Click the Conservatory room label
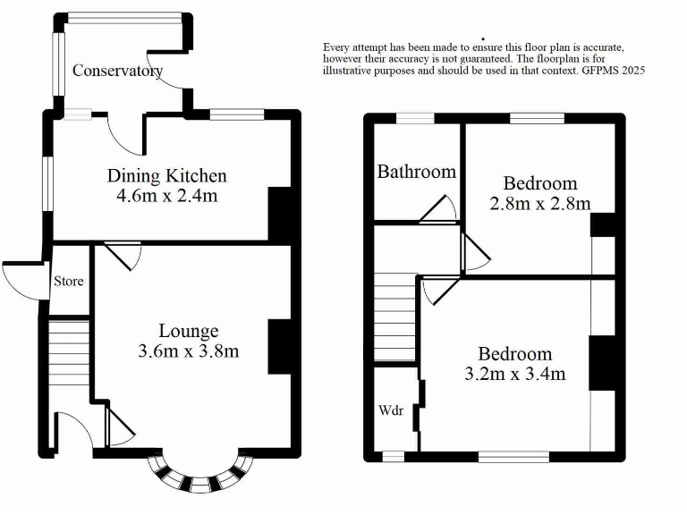[117, 71]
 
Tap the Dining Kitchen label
[167, 176]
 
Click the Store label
[69, 282]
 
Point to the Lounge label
[189, 332]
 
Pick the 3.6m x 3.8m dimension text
[189, 351]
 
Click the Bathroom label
[417, 172]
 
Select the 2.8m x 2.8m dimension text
[539, 203]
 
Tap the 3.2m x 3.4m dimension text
[515, 374]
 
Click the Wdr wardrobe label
[393, 411]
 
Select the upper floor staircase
[395, 317]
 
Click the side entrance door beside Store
[20, 279]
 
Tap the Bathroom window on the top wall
[415, 117]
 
